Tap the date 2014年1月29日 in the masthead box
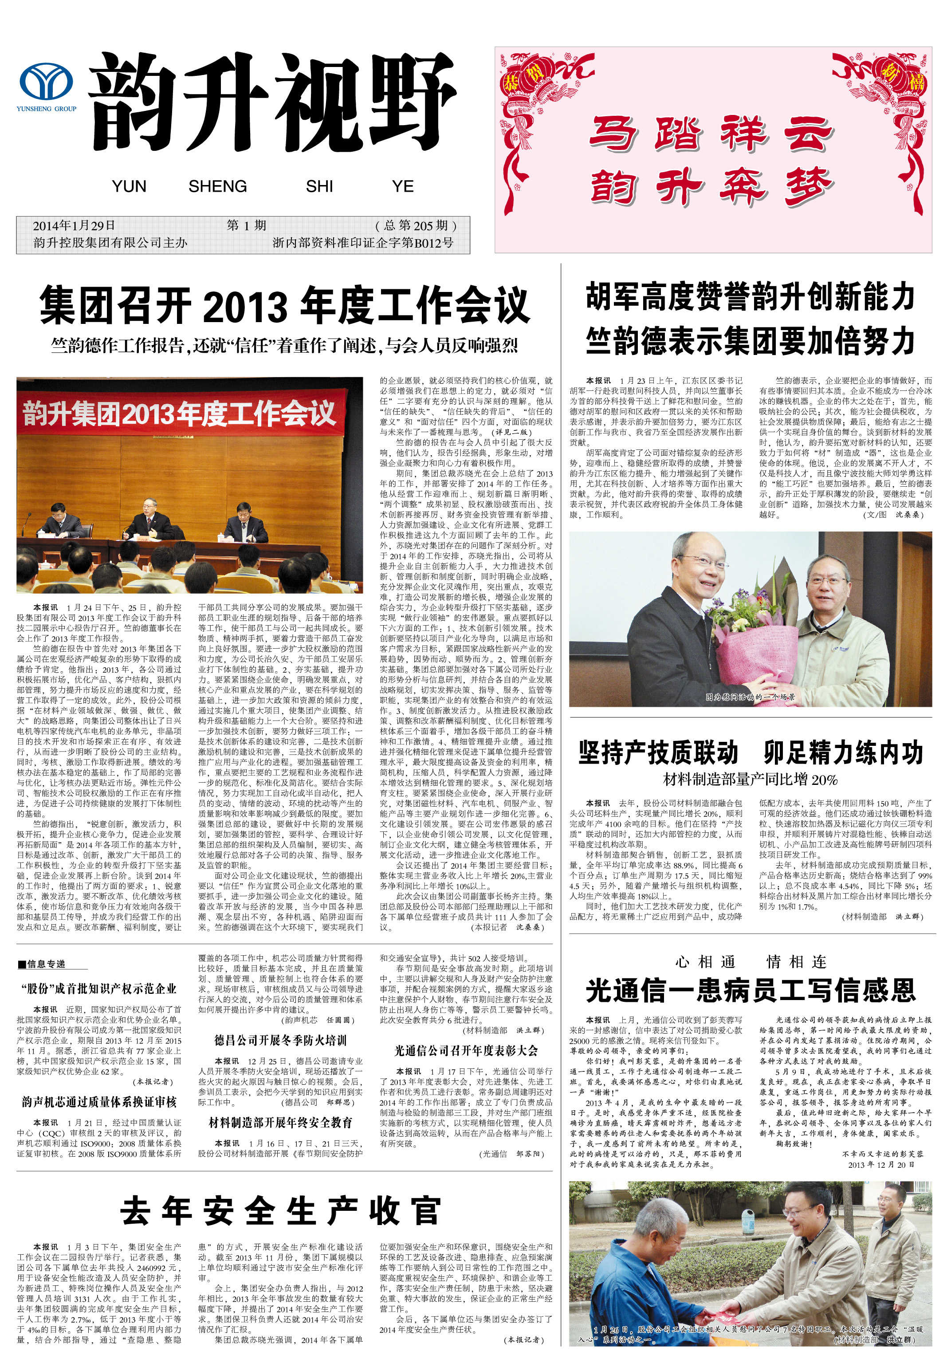[74, 225]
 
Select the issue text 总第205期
[416, 225]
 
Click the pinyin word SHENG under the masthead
[217, 186]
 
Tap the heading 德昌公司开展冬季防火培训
[281, 1040]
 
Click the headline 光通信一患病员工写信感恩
[751, 990]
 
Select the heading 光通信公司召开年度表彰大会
[466, 1050]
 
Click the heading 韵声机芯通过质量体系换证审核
[99, 1102]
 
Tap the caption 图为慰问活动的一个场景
[750, 697]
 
